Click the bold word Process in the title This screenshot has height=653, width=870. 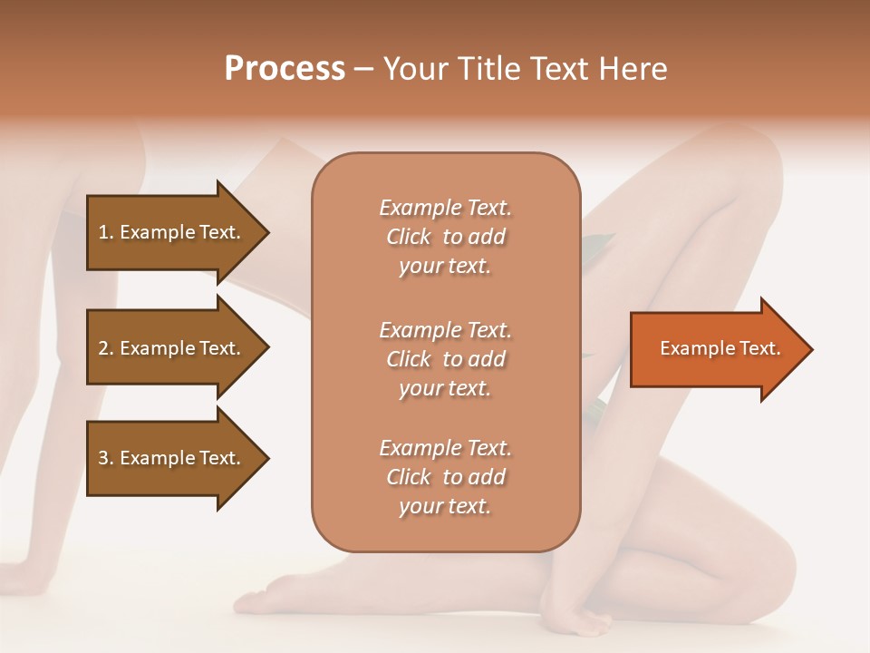click(x=285, y=69)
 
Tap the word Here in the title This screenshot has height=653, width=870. click(x=633, y=69)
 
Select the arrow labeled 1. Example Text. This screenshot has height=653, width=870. click(x=172, y=232)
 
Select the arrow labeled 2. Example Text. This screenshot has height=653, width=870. click(x=172, y=348)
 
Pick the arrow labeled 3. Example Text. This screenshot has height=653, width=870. click(x=172, y=458)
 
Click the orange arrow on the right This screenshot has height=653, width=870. click(x=716, y=349)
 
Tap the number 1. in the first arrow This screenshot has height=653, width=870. click(x=106, y=232)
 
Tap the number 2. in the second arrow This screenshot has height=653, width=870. click(x=106, y=348)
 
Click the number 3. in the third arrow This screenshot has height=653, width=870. click(x=106, y=458)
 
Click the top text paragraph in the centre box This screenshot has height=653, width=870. click(x=445, y=237)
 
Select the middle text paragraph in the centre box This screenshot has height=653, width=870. click(x=445, y=359)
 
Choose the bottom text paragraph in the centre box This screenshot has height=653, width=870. click(x=445, y=477)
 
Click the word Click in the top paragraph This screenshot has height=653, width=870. click(x=409, y=237)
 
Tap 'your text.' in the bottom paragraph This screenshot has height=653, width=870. click(x=445, y=506)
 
